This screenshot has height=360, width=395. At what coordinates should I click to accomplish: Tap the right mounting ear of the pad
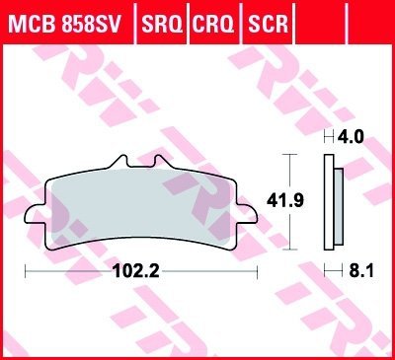coord(243,208)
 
